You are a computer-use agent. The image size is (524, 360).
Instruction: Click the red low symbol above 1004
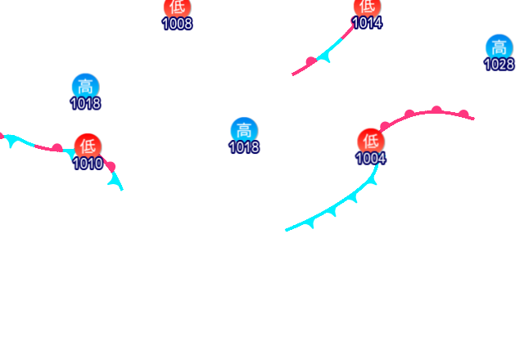coord(371,140)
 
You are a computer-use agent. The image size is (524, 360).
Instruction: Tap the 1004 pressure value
coord(371,158)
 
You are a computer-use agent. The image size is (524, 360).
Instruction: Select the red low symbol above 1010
coord(88,146)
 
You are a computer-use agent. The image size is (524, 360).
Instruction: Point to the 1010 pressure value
coord(88,164)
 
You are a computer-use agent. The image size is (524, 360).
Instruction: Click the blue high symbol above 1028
coord(499,47)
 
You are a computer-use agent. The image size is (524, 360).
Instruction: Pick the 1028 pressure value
coord(499,65)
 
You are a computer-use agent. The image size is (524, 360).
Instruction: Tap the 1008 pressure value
coord(177,23)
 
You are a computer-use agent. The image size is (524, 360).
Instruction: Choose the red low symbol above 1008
coord(177,7)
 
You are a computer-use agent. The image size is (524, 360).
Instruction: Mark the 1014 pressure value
coord(367,23)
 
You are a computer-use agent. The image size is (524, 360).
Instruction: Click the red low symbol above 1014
coord(367,7)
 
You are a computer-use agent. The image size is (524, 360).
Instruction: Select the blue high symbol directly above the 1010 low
coord(85,86)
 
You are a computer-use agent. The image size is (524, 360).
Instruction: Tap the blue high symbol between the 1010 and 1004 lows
coord(243,130)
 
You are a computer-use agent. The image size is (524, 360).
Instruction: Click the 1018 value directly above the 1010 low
coord(85,104)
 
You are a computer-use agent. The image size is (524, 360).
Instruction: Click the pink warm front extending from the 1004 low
coord(426,113)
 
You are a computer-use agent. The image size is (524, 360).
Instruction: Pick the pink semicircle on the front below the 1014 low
coord(310,61)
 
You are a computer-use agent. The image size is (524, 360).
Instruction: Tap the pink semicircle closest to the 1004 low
coord(384,125)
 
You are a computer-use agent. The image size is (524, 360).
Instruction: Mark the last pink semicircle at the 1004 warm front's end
coord(463,114)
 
